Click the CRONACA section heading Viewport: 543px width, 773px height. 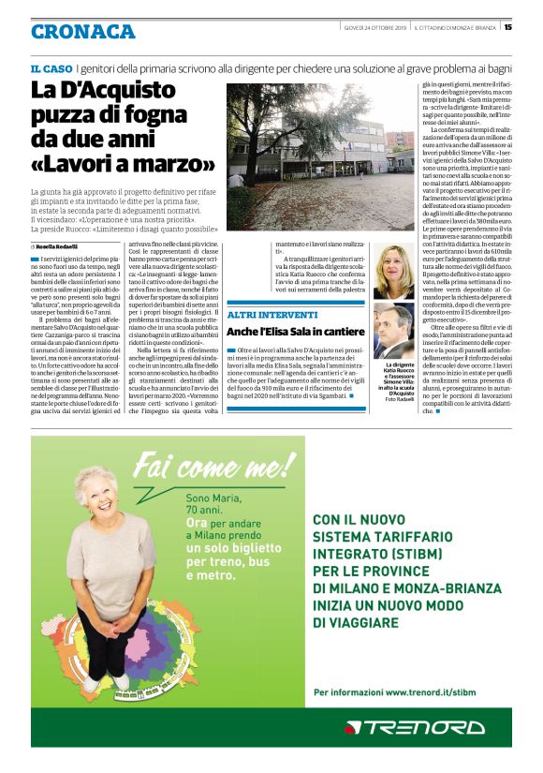[82, 32]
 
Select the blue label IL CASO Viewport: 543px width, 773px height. [51, 68]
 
